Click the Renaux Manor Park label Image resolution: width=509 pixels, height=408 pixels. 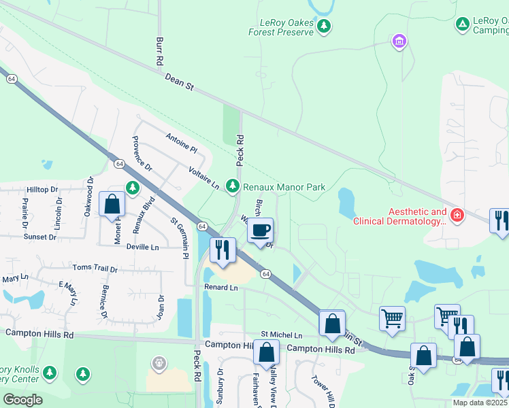[284, 187]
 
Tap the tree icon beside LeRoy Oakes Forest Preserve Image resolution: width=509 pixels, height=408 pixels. [325, 26]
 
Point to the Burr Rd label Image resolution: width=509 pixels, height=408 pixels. [160, 51]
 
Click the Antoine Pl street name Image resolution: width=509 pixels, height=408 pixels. [181, 143]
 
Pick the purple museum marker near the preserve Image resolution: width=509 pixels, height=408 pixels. [399, 42]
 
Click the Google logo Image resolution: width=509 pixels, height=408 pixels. [22, 399]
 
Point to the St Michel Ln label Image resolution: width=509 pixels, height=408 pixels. [282, 335]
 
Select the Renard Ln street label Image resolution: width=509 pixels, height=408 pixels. [220, 288]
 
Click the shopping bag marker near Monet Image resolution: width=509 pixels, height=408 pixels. [112, 204]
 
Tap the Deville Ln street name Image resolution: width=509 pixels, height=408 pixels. [142, 248]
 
